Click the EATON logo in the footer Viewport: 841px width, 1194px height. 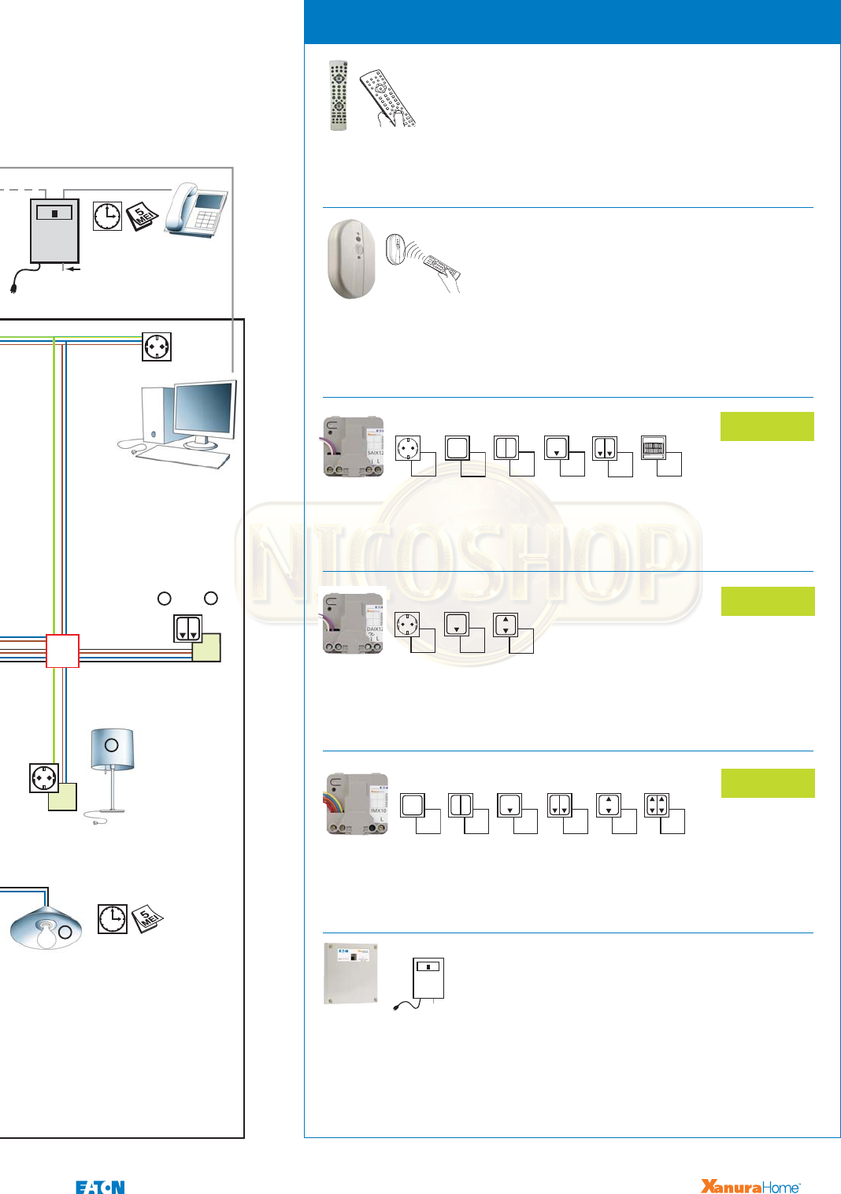tap(100, 1187)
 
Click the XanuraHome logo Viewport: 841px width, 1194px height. tap(750, 1186)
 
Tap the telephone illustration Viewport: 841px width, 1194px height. tap(196, 209)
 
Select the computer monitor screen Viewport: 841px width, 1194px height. tap(205, 410)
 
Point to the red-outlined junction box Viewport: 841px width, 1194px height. tap(62, 651)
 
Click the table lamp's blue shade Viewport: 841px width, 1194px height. tap(112, 747)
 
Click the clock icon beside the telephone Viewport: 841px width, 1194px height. tap(108, 216)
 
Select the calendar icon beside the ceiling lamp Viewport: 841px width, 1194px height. tap(147, 918)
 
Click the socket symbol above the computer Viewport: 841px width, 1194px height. tap(157, 347)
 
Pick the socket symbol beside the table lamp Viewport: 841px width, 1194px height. tap(43, 777)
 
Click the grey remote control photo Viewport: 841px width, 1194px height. tap(338, 95)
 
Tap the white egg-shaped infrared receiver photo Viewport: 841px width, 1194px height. tap(351, 258)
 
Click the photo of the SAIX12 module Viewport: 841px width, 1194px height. tap(354, 447)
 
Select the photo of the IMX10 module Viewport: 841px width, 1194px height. tap(357, 803)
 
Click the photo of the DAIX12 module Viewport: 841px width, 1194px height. tap(354, 624)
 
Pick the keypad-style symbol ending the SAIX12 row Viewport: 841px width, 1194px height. tap(654, 448)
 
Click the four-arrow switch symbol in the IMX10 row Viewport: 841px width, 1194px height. tap(657, 805)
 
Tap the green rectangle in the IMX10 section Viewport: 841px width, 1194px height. tap(768, 783)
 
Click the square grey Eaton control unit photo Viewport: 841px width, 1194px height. tap(350, 973)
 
